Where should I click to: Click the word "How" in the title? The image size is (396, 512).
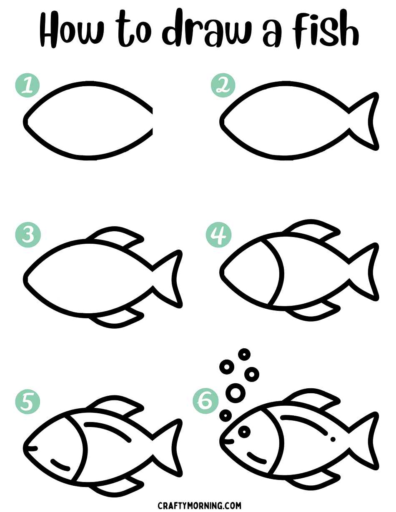[x=72, y=30]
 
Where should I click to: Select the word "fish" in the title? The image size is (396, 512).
[x=325, y=29]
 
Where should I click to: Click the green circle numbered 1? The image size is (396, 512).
[x=28, y=85]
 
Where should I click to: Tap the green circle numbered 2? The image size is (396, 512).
[x=223, y=85]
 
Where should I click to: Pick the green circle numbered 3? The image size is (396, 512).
[x=28, y=235]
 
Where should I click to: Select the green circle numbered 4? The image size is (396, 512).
[x=218, y=235]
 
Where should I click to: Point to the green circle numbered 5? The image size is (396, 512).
[x=28, y=402]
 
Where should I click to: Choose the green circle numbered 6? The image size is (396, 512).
[x=206, y=401]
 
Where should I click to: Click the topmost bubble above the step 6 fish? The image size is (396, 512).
[x=244, y=361]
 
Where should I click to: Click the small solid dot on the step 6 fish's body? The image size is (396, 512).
[x=333, y=439]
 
